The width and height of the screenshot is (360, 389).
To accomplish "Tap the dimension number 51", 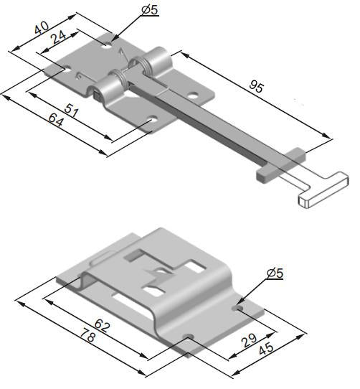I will pos(70,110).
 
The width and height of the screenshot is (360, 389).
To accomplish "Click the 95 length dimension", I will pos(255,88).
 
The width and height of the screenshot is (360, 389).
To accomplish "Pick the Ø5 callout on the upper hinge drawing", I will pos(151,9).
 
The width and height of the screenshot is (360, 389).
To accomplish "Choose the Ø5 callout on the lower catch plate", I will pos(275,273).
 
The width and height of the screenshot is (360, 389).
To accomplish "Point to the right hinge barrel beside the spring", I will pos(158,64).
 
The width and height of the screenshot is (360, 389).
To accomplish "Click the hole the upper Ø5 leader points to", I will pos(108,45).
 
